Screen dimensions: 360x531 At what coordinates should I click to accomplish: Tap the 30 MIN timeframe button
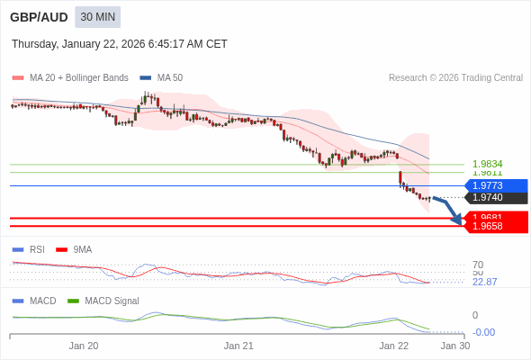[x=97, y=17]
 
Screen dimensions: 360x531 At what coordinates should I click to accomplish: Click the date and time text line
[x=120, y=44]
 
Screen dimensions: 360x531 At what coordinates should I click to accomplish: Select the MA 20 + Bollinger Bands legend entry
[x=72, y=77]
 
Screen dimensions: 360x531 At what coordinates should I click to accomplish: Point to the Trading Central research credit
[x=455, y=77]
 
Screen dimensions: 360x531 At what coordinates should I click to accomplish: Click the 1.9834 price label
[x=487, y=164]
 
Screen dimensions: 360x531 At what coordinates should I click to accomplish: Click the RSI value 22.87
[x=484, y=282]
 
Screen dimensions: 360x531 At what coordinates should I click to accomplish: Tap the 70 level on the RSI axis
[x=478, y=265]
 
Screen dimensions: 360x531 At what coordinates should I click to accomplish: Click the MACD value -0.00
[x=483, y=332]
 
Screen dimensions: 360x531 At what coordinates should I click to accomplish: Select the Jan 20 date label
[x=84, y=345]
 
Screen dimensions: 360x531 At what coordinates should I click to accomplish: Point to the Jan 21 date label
[x=238, y=345]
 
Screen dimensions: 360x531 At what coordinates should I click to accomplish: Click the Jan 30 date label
[x=454, y=345]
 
